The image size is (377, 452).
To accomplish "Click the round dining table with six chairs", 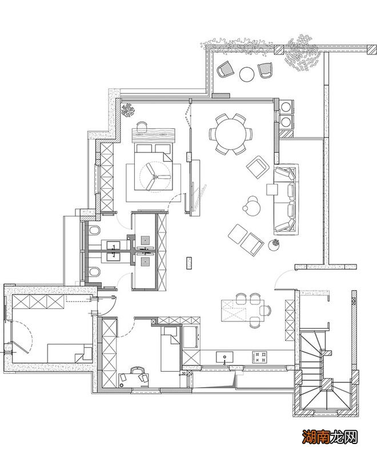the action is click(231, 135).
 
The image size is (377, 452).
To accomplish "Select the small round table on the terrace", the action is click(247, 74).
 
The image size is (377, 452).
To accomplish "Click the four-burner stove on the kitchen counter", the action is click(259, 357).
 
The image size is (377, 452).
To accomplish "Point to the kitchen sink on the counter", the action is click(224, 357).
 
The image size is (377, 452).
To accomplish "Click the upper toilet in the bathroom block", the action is click(94, 231).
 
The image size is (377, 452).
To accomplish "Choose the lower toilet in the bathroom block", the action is click(94, 272).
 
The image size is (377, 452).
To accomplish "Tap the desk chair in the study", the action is click(137, 370).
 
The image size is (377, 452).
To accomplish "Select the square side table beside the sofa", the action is click(272, 190).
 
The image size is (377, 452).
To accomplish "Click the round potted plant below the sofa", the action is click(274, 245).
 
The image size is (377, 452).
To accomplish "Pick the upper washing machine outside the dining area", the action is click(286, 106).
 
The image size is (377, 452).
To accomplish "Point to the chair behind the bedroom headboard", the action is click(142, 125).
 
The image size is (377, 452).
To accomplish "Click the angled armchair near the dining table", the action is click(258, 167).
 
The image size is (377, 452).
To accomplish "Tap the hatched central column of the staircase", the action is click(327, 384).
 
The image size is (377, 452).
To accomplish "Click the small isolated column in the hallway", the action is click(190, 262).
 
